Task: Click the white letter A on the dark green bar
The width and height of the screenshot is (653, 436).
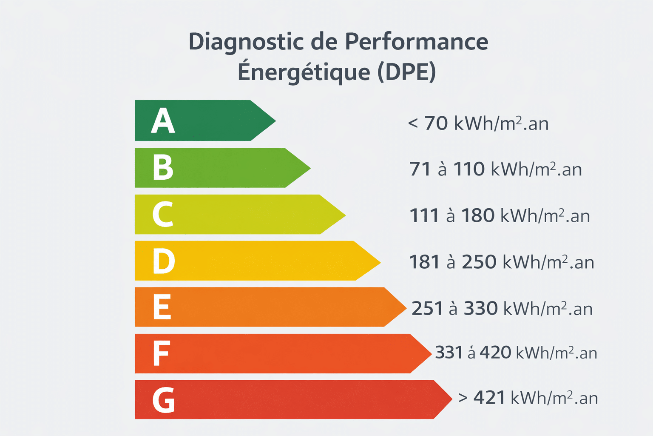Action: click(163, 121)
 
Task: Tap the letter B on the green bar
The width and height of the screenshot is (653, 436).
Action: click(163, 167)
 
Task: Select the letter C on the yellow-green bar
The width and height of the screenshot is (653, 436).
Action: click(163, 214)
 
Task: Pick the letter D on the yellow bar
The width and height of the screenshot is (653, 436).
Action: click(164, 261)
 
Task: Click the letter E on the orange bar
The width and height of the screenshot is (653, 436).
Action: click(162, 307)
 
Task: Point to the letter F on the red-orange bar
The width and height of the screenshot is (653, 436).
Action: click(161, 353)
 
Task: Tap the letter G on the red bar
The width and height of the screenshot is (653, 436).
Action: click(164, 400)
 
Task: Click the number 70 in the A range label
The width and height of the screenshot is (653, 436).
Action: click(436, 123)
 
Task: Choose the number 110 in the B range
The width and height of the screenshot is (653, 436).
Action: click(469, 169)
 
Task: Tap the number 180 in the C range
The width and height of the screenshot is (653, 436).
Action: click(478, 216)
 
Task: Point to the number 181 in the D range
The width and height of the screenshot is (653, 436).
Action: click(424, 262)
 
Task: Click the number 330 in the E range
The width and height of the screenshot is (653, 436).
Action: click(480, 309)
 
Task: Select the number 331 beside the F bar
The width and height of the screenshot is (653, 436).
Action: click(449, 353)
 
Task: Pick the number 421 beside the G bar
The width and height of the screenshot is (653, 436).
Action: click(489, 398)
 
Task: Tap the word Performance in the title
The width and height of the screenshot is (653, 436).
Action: click(416, 42)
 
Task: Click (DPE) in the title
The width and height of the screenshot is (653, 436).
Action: click(407, 72)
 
